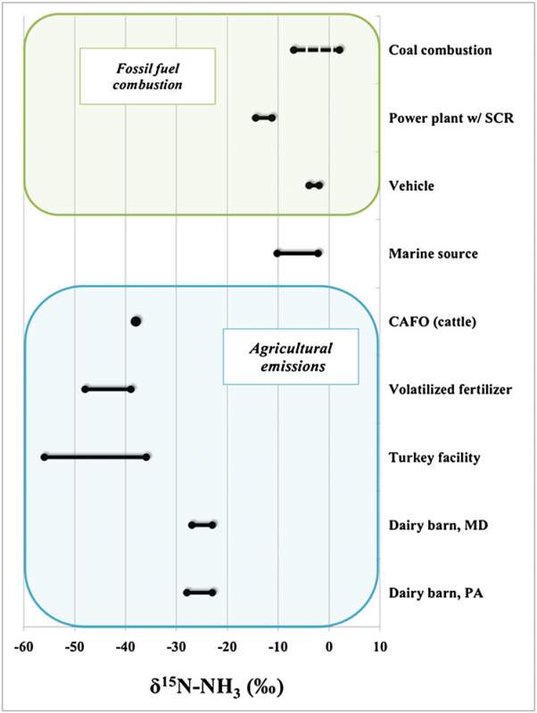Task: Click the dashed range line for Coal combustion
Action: coord(317,50)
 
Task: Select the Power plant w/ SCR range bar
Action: coord(264,118)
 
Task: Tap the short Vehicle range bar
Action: coord(314,185)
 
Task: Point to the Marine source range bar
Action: coord(298,253)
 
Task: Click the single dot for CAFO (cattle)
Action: coord(136,321)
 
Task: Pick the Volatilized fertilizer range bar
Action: coord(108,389)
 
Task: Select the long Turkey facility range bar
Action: coord(95,456)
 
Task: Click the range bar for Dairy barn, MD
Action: coord(202,525)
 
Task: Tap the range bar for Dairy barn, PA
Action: coord(200,592)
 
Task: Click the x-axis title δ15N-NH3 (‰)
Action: coord(202,687)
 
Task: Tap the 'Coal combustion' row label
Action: coord(441,50)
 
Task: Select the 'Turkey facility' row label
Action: coord(434,457)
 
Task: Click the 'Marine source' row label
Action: coord(434,254)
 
